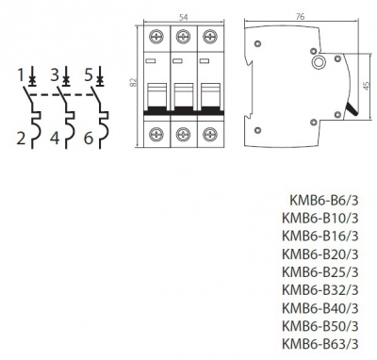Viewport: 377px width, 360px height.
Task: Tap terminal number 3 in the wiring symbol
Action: pos(55,73)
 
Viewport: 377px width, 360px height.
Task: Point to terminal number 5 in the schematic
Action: pos(89,73)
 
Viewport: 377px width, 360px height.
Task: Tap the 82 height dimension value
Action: pos(135,83)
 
